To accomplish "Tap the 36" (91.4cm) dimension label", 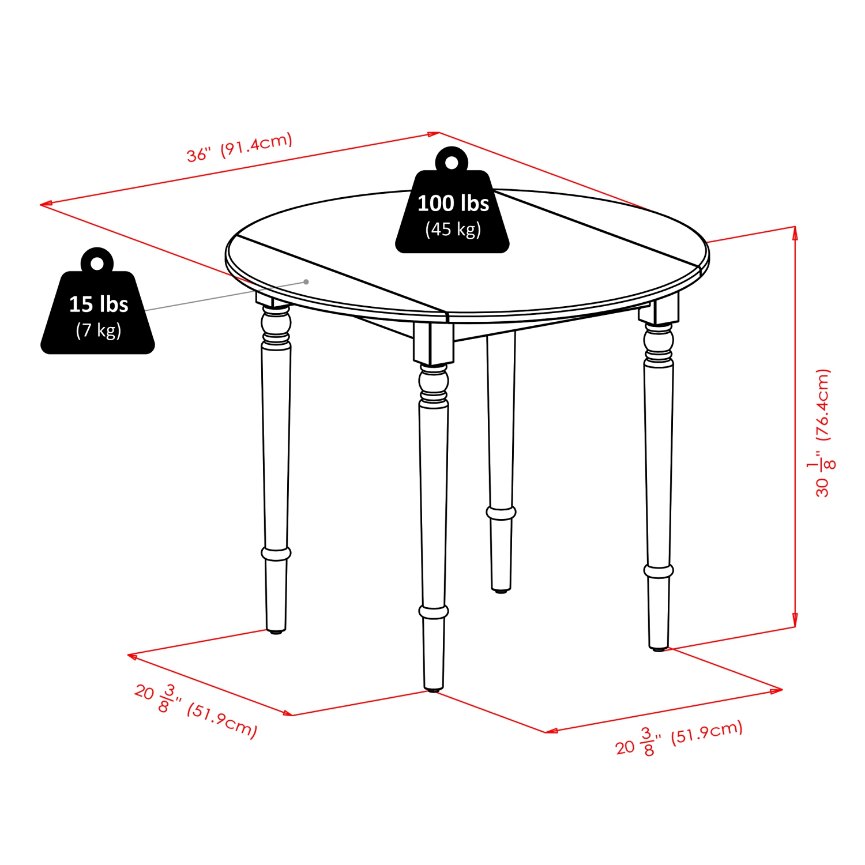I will pos(239,148).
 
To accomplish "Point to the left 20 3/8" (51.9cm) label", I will pos(196,710).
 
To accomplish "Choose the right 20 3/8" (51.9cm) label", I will pos(679,738).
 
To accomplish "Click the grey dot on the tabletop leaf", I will pos(306,282).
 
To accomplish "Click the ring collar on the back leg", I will pos(501,512).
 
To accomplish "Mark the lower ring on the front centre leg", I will pos(434,611).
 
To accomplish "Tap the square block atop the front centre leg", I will pos(433,343).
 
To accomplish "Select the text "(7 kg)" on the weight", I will pos(98,330).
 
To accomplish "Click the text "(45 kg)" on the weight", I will pos(453,230).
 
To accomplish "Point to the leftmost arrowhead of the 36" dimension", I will pos(43,204).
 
